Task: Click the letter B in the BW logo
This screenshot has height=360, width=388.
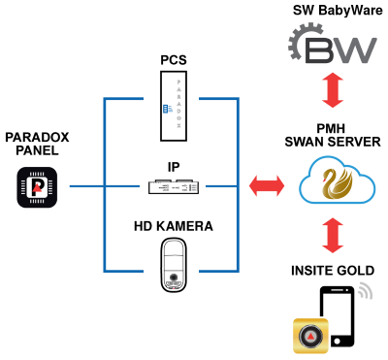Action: point(320,49)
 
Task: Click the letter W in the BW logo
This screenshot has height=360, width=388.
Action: point(354,49)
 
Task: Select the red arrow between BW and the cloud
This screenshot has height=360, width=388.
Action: point(333,89)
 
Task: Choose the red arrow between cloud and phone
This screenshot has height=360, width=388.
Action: point(333,236)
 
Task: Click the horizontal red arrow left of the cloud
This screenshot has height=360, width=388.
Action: point(267,185)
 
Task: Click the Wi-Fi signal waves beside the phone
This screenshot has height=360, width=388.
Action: point(365,289)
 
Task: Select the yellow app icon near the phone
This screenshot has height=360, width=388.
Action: point(310,336)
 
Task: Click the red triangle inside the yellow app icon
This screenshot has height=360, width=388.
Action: point(310,337)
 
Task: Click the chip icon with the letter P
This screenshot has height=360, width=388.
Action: point(37,187)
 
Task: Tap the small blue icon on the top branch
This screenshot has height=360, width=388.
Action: point(167,109)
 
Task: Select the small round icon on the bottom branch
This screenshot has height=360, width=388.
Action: point(174,278)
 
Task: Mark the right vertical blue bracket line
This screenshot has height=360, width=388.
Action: point(238,184)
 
